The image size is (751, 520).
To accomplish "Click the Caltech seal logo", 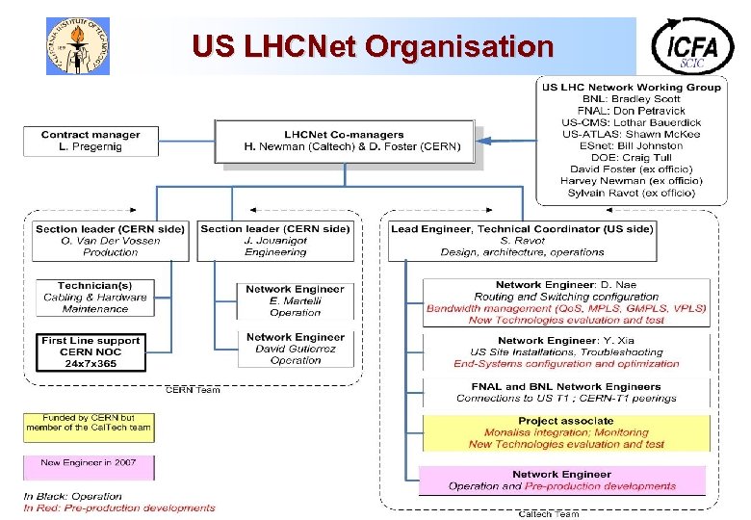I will tap(78, 46).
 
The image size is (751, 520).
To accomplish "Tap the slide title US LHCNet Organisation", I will tap(373, 46).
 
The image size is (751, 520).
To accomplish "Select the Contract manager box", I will tap(91, 142).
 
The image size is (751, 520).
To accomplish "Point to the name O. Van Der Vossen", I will tap(110, 241).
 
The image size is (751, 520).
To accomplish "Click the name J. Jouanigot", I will tap(274, 241).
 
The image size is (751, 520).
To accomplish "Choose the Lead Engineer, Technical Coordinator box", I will tap(522, 241).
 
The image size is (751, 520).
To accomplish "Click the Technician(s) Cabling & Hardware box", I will tap(95, 298).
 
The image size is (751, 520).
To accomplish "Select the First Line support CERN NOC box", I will tap(91, 352).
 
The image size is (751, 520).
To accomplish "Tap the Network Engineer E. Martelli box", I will tap(295, 300).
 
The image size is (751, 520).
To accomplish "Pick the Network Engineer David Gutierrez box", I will tap(295, 349).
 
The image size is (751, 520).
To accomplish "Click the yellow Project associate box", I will tap(565, 432).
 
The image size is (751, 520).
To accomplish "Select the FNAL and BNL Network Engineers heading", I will tap(566, 386).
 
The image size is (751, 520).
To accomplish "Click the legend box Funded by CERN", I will tap(88, 428).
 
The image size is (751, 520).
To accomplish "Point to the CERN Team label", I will tap(193, 389).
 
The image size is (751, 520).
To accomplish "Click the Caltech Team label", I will tap(549, 513).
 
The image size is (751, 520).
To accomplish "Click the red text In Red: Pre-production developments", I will tap(119, 507).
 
